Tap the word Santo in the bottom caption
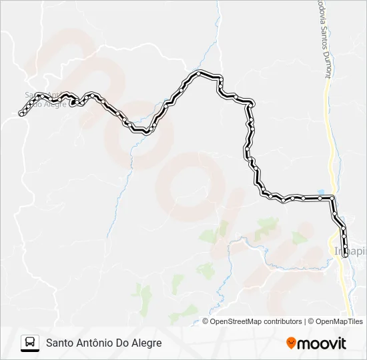tap(59, 343)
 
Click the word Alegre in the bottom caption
tap(147, 343)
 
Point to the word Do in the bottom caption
tap(125, 343)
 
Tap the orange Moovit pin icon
tap(291, 343)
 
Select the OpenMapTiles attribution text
tap(339, 321)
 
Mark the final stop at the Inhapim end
tap(345, 254)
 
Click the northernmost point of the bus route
tap(200, 72)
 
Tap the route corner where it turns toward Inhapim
tap(332, 198)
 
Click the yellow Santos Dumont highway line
tap(328, 133)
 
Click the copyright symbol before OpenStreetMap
tap(206, 321)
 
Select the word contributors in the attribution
tap(282, 321)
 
